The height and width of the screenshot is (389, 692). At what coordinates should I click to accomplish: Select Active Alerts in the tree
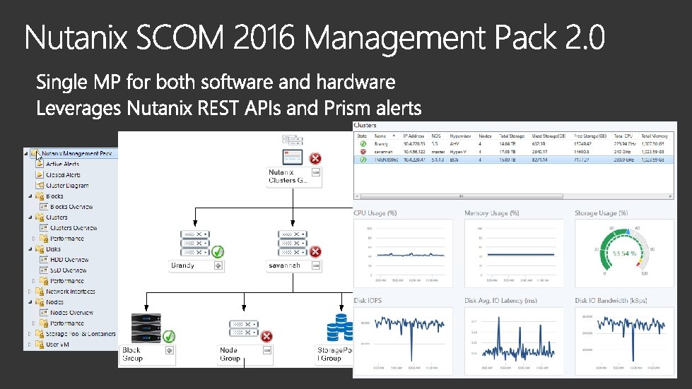click(x=62, y=164)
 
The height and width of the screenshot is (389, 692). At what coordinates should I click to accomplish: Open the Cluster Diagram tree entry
click(x=67, y=186)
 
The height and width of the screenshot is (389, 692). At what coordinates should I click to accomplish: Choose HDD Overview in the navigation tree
click(x=69, y=259)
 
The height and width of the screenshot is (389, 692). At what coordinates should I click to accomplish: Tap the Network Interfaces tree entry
click(x=71, y=291)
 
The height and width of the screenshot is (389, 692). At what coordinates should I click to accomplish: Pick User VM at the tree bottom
click(x=59, y=345)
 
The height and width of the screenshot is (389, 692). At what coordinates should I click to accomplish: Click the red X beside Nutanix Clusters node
click(x=315, y=158)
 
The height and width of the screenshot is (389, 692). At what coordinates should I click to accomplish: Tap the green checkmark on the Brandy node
click(x=218, y=251)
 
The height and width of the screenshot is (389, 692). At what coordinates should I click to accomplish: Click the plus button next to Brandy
click(x=218, y=266)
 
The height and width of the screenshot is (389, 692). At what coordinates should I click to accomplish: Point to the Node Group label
click(x=230, y=354)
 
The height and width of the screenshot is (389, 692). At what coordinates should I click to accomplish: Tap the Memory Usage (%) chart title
click(x=492, y=213)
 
